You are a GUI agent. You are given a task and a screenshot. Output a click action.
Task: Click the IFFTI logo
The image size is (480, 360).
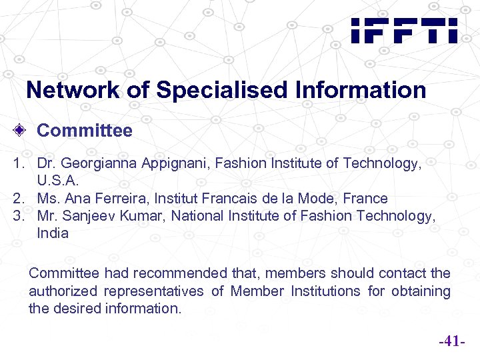tap(404, 31)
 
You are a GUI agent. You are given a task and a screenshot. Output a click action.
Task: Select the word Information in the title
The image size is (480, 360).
tap(361, 90)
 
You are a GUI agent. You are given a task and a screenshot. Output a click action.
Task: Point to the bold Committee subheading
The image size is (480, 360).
tap(85, 130)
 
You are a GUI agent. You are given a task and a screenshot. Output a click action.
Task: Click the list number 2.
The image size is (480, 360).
tap(17, 198)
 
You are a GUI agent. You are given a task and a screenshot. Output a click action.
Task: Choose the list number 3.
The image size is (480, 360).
tap(17, 215)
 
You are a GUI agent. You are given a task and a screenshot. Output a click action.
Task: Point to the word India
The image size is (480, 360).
tap(53, 233)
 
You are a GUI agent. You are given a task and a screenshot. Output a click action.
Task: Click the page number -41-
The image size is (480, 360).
tap(451, 343)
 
